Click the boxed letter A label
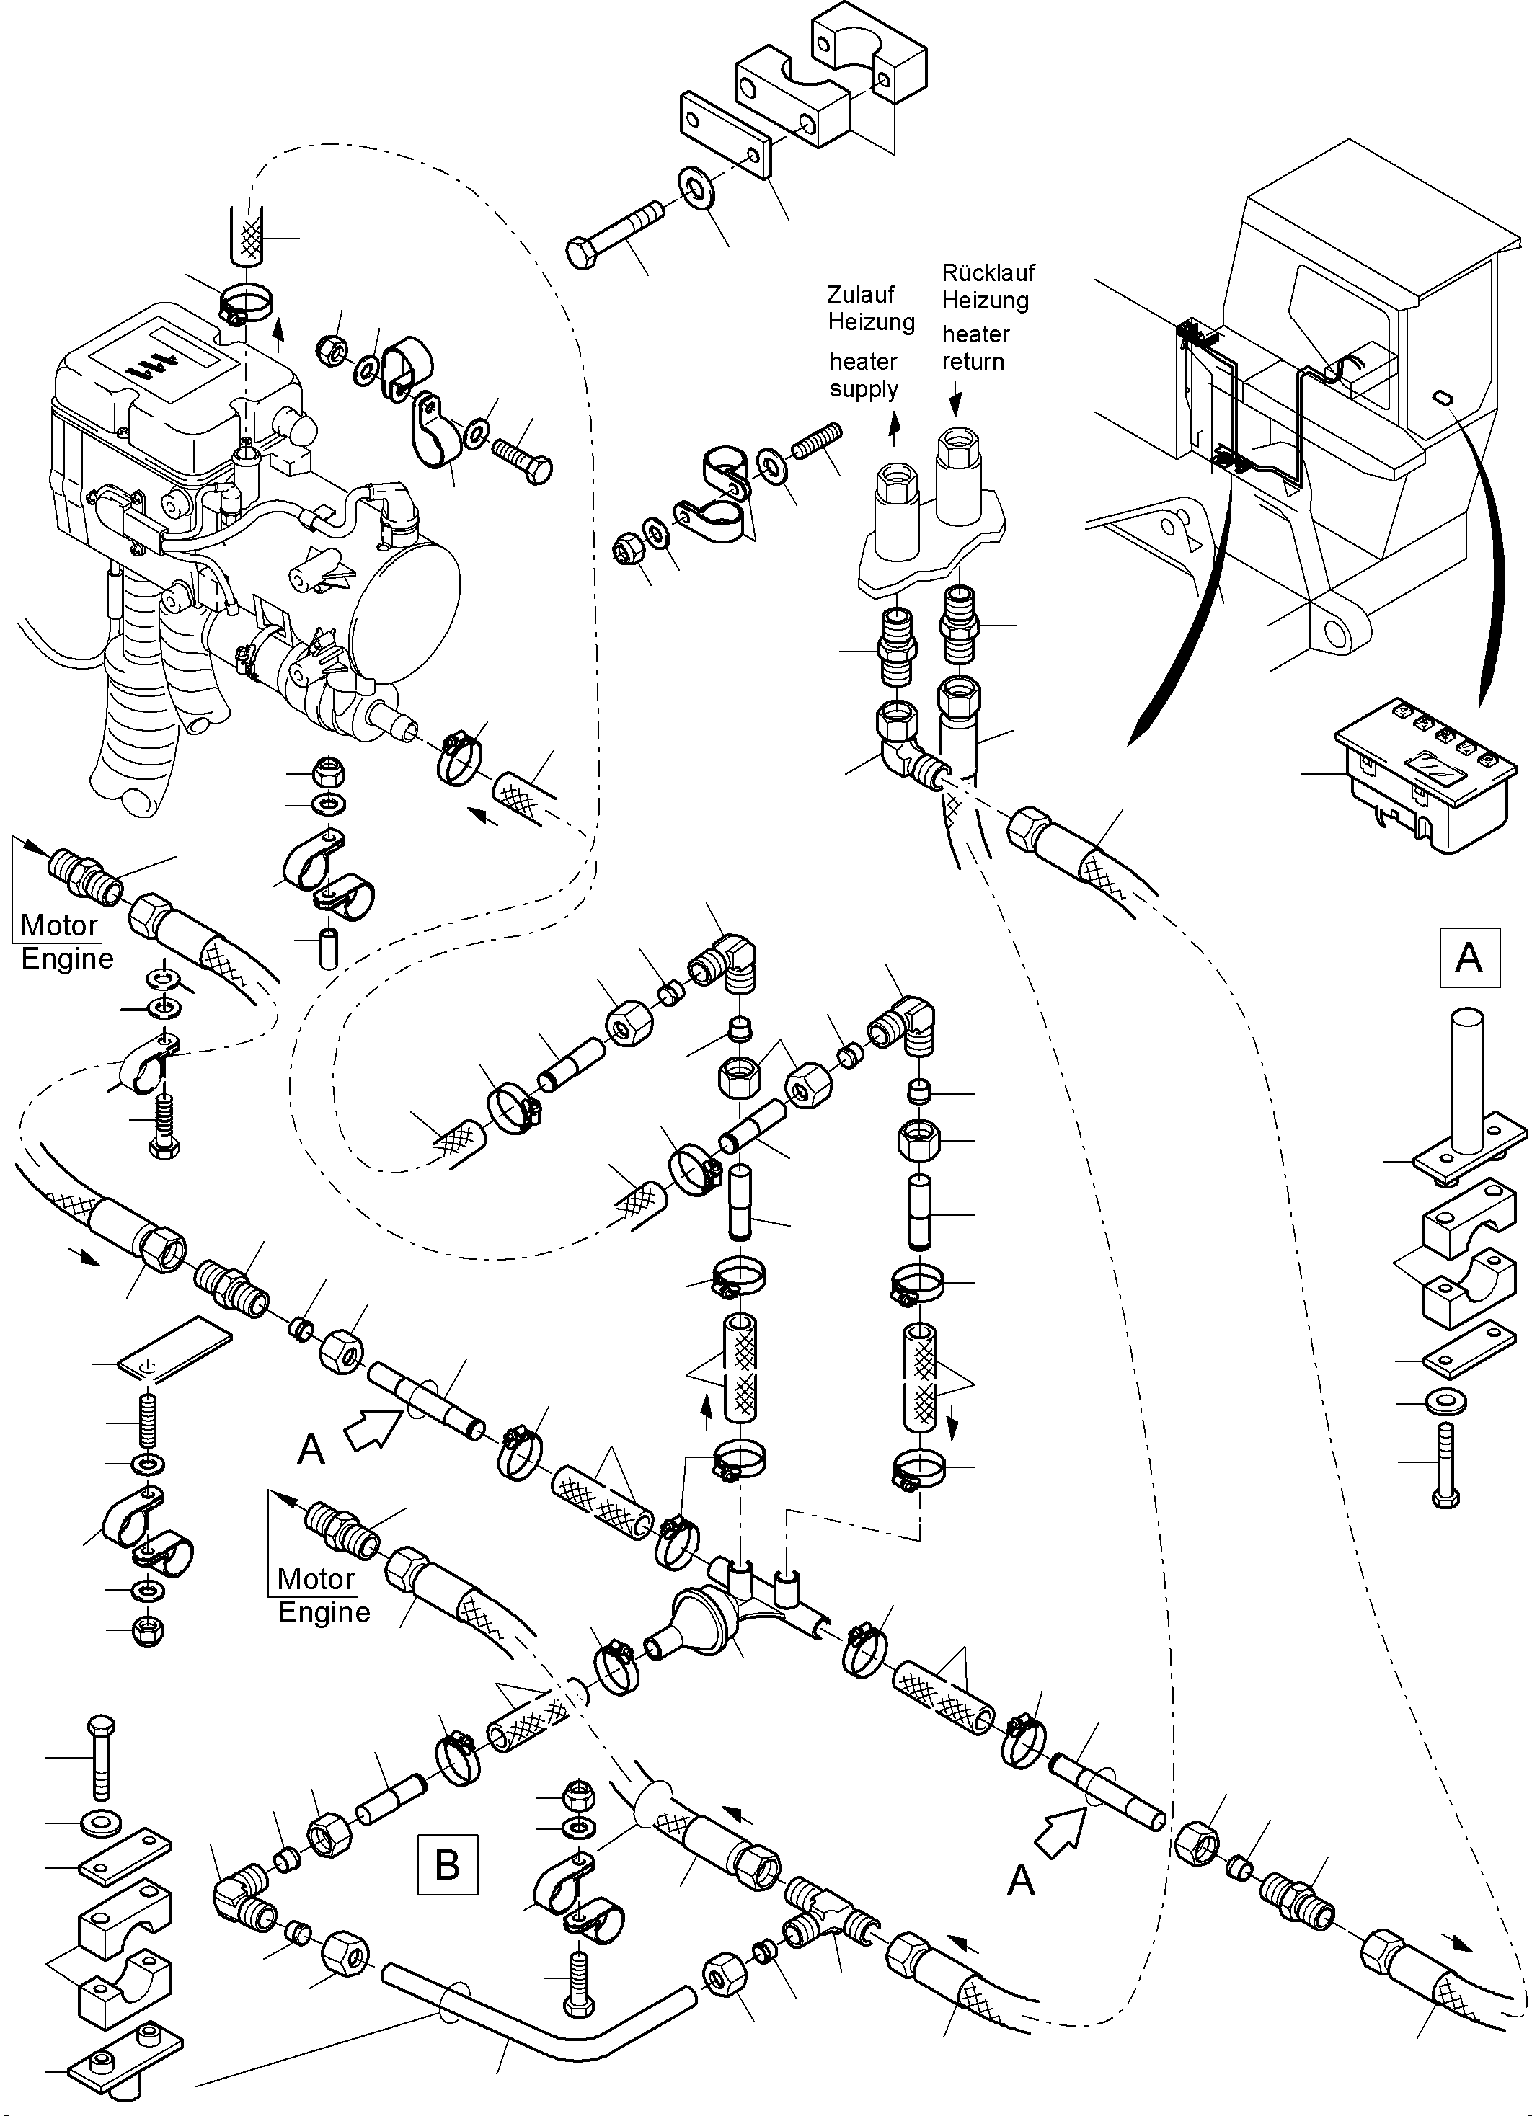(1469, 957)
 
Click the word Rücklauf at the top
(988, 273)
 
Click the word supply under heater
(863, 389)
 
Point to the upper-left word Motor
(59, 925)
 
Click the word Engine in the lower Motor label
(324, 1612)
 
